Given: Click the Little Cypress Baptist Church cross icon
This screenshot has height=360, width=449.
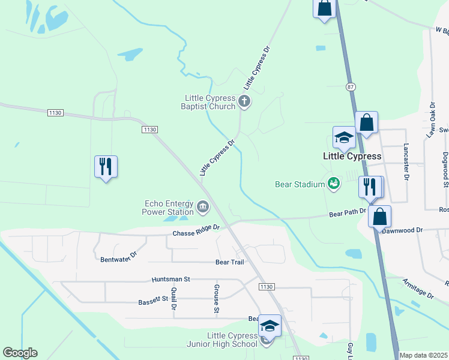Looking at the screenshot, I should click(244, 101).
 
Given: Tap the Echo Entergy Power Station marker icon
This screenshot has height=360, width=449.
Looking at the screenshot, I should click(203, 208).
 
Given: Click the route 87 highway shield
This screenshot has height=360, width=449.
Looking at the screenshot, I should click(351, 87).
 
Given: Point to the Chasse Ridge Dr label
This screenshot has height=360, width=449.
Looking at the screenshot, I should click(196, 231).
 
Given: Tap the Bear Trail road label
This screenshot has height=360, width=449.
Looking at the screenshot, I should click(230, 262).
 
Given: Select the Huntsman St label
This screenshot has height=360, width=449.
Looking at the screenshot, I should click(170, 279).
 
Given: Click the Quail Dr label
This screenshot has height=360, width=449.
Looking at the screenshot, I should click(173, 298).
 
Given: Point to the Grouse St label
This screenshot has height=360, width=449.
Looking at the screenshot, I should click(216, 299).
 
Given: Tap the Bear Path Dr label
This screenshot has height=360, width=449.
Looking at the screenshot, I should click(347, 213).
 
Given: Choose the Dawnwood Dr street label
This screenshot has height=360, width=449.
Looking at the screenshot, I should click(402, 230).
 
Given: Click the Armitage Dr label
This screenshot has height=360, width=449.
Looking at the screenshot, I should click(418, 288).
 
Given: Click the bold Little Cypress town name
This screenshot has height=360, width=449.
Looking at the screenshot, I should click(352, 156).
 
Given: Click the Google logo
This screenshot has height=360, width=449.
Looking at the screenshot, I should click(20, 353).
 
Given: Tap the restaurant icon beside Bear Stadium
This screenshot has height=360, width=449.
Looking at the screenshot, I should click(369, 187).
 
